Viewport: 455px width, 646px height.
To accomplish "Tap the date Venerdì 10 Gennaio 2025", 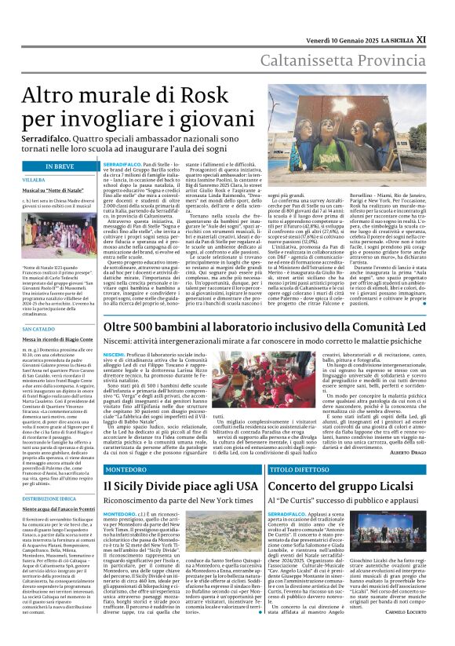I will (x=348, y=16).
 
